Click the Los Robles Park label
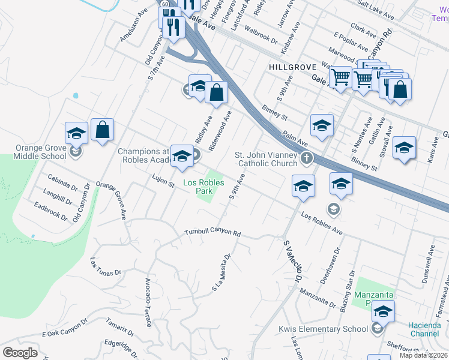point(198,187)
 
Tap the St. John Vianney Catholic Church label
point(267,159)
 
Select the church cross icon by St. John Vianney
point(307,158)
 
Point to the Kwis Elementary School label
point(323,328)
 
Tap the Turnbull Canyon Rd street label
point(212,232)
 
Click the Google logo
point(20,352)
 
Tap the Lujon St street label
point(163,178)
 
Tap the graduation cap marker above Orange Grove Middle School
point(76,133)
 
